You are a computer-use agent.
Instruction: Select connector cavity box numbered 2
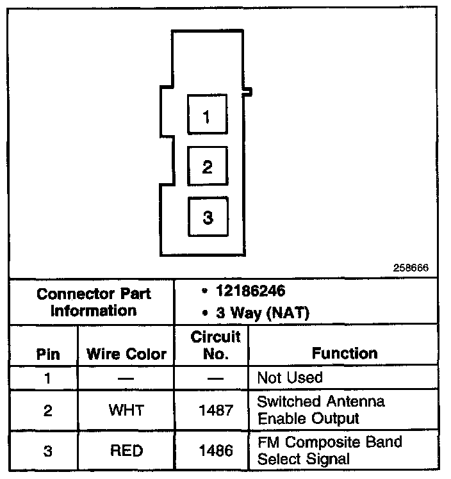pyautogui.click(x=207, y=166)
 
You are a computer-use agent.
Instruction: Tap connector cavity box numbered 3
pyautogui.click(x=207, y=218)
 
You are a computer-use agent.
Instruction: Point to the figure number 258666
pyautogui.click(x=411, y=268)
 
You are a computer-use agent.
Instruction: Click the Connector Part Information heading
pyautogui.click(x=94, y=302)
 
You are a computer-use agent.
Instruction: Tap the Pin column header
pyautogui.click(x=47, y=353)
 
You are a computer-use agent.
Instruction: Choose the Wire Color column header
pyautogui.click(x=126, y=353)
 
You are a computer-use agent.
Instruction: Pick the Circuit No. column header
pyautogui.click(x=216, y=345)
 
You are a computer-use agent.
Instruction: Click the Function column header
pyautogui.click(x=344, y=353)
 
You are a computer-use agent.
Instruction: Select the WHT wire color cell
pyautogui.click(x=126, y=410)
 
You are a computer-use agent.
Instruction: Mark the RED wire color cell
pyautogui.click(x=126, y=450)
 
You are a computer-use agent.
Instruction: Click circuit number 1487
pyautogui.click(x=216, y=410)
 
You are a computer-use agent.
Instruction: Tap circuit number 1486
pyautogui.click(x=216, y=450)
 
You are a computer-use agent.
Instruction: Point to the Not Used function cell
pyautogui.click(x=290, y=377)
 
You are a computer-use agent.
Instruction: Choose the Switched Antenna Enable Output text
pyautogui.click(x=320, y=410)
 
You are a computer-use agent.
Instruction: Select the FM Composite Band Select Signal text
pyautogui.click(x=329, y=450)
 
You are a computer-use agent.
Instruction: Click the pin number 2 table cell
pyautogui.click(x=47, y=410)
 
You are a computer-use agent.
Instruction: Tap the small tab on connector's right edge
pyautogui.click(x=248, y=93)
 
